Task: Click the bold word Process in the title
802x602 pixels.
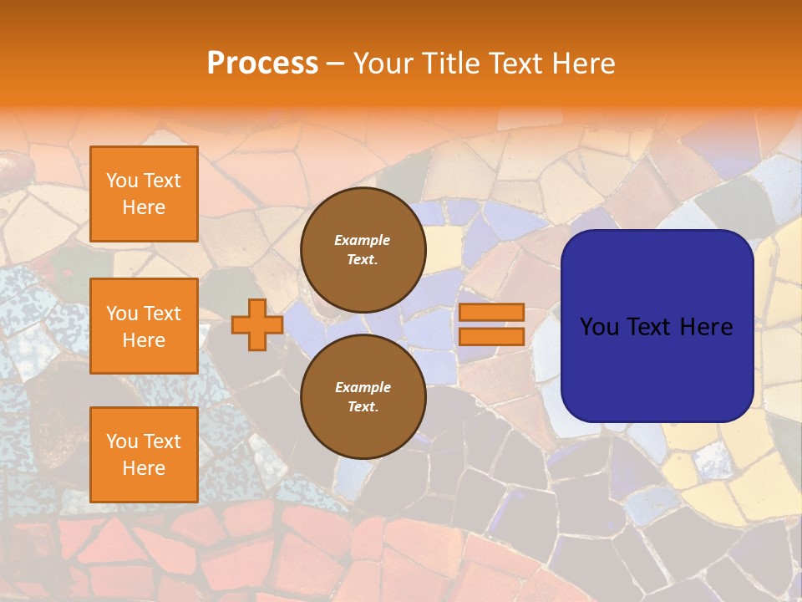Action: pyautogui.click(x=262, y=64)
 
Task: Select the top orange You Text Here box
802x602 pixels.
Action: pyautogui.click(x=144, y=194)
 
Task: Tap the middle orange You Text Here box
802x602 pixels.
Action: pyautogui.click(x=144, y=326)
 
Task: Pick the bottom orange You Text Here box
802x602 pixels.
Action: pyautogui.click(x=144, y=455)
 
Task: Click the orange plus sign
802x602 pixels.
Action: pyautogui.click(x=257, y=324)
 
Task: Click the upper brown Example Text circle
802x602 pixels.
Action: pyautogui.click(x=363, y=249)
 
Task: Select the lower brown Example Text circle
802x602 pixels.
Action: pyautogui.click(x=363, y=396)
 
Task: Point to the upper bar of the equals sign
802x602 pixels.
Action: pyautogui.click(x=491, y=312)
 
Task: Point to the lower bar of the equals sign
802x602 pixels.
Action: pyautogui.click(x=491, y=336)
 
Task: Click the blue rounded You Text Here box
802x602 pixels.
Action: pyautogui.click(x=657, y=326)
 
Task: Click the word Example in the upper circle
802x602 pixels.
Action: pyautogui.click(x=363, y=240)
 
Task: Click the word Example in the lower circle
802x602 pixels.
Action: pyautogui.click(x=363, y=387)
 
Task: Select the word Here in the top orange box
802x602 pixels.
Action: pyautogui.click(x=144, y=207)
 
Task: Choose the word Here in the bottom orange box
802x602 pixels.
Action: pyautogui.click(x=144, y=468)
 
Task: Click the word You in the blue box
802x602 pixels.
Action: pyautogui.click(x=599, y=327)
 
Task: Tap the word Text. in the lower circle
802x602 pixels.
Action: pyautogui.click(x=363, y=407)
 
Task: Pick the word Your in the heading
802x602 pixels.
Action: pyautogui.click(x=383, y=64)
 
